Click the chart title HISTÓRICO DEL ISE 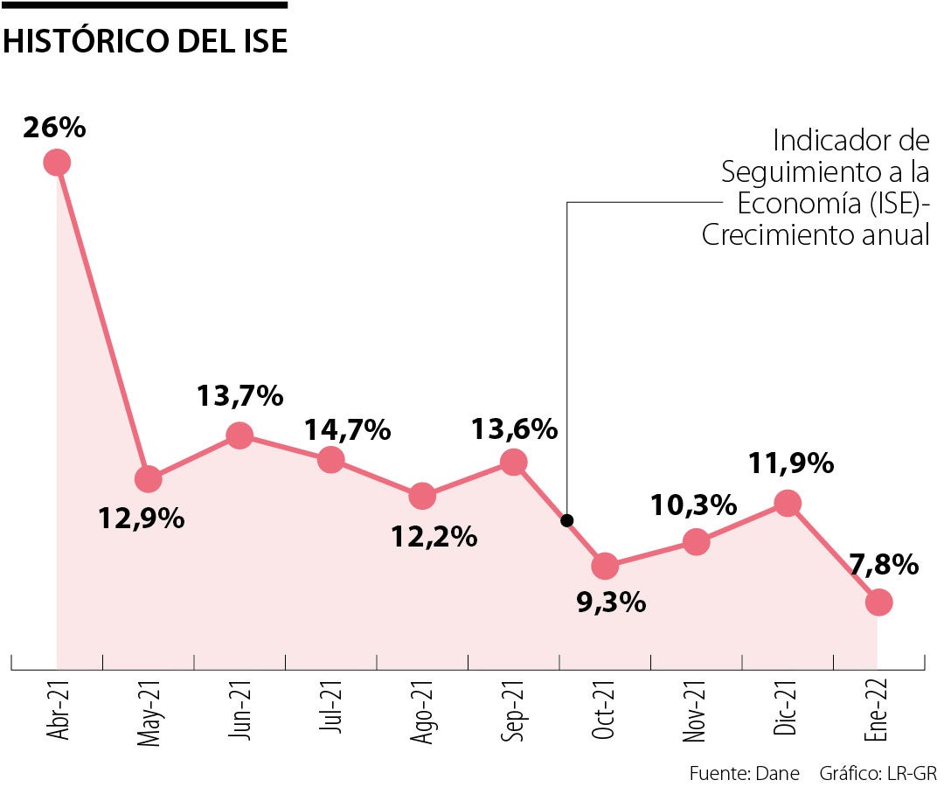(x=145, y=41)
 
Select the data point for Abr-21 (x=57, y=163)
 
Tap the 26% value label (x=54, y=128)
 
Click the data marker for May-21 (x=149, y=478)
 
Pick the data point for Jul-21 (x=330, y=459)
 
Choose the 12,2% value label (x=434, y=536)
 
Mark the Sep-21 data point (x=514, y=463)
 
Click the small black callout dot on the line (x=566, y=520)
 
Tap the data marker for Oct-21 (x=605, y=567)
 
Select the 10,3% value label (x=694, y=505)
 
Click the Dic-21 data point (x=788, y=503)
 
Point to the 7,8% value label (x=883, y=565)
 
